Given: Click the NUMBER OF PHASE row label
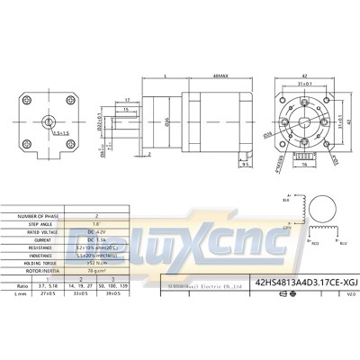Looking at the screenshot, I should (34, 217).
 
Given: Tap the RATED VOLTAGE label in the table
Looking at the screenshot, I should (34, 232).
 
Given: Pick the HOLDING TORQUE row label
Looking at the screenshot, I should (34, 263).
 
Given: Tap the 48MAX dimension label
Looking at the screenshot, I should (219, 76).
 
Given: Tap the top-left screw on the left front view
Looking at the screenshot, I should (24, 98).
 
